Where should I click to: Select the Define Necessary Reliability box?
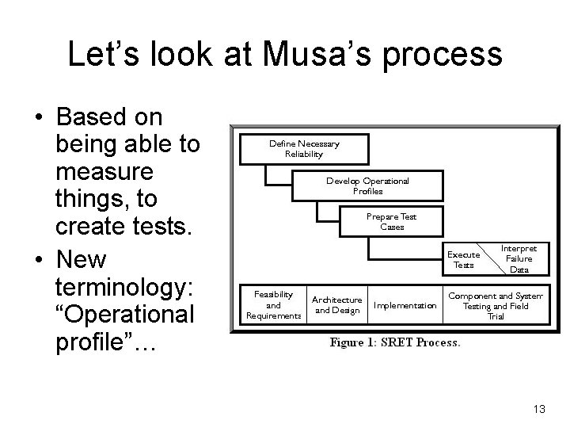(x=304, y=149)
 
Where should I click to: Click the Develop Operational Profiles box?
(x=367, y=185)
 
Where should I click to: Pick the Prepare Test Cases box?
(x=392, y=221)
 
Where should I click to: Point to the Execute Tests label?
(x=464, y=259)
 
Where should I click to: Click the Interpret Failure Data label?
(x=519, y=258)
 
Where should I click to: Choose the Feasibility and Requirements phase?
(x=273, y=305)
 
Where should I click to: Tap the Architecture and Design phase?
(x=336, y=305)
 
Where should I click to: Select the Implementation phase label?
(x=405, y=305)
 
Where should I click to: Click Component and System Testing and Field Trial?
(x=495, y=305)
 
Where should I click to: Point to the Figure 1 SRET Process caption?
(x=394, y=342)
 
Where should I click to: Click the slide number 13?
(x=540, y=409)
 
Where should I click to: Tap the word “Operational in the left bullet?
(x=126, y=315)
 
